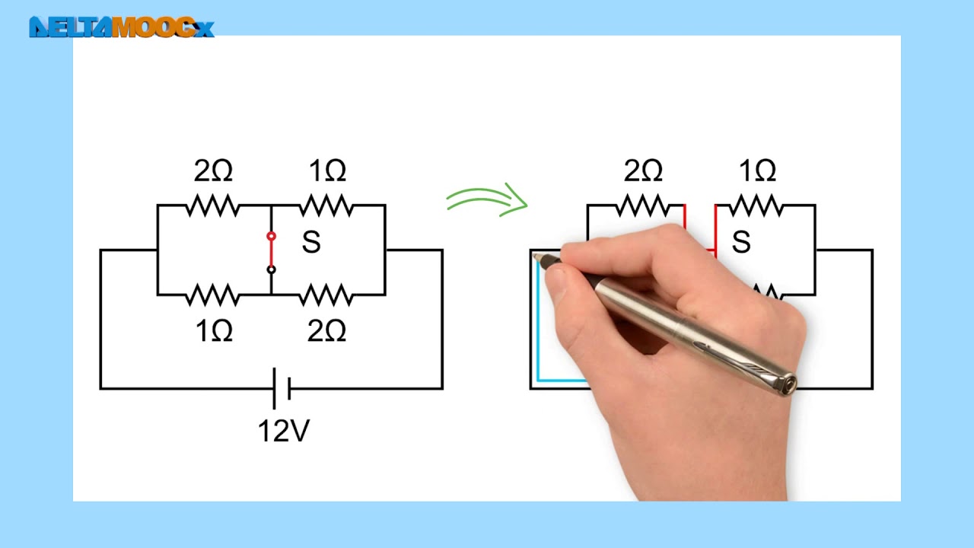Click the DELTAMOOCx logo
coord(122,27)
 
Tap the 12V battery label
coord(284,432)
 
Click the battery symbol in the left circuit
coord(282,389)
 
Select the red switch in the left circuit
coord(271,252)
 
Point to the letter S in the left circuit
coord(311,243)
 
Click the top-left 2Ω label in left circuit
coord(213,171)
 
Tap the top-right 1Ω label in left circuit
coord(328,171)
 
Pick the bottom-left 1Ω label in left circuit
coord(214,331)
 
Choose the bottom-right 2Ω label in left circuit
coord(327,331)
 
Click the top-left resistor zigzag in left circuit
coord(213,205)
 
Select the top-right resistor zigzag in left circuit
coord(327,205)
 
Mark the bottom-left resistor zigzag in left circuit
coord(213,295)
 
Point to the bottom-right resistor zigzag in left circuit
coord(327,295)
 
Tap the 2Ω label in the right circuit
coord(643,171)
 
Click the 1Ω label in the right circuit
coord(758,171)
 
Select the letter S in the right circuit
coord(741,243)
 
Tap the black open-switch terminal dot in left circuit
coord(271,269)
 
